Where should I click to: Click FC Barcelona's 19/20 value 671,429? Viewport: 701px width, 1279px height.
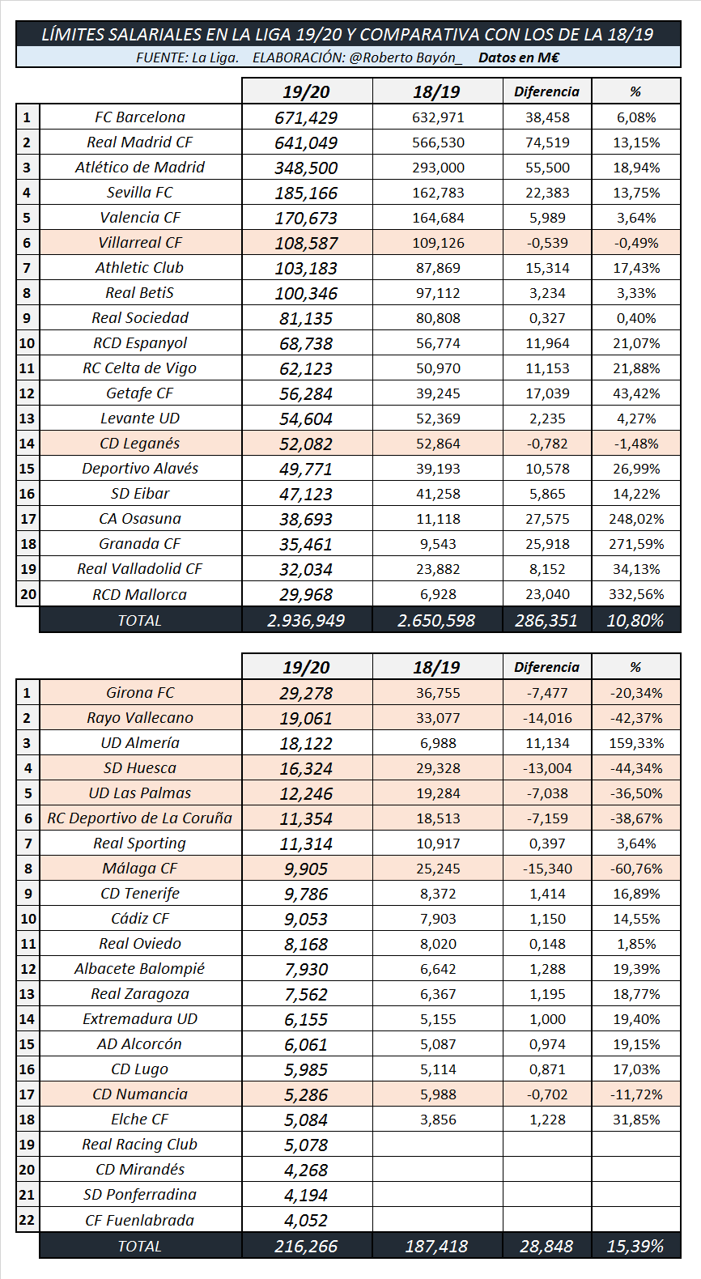tap(306, 118)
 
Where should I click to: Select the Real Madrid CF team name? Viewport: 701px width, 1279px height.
tap(140, 142)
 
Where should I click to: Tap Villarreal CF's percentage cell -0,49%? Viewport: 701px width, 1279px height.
tap(636, 243)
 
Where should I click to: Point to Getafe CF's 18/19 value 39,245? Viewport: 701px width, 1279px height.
tap(438, 393)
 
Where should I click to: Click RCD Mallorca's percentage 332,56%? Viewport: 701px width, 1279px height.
tap(636, 594)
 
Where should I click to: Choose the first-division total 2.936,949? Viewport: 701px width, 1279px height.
tap(306, 621)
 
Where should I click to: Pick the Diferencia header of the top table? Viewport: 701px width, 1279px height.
tap(546, 91)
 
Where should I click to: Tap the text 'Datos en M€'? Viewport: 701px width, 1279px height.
tap(519, 57)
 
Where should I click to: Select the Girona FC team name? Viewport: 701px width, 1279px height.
tap(140, 693)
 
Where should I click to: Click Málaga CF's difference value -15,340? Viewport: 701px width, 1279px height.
tap(547, 869)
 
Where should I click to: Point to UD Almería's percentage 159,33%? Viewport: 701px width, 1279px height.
tap(636, 743)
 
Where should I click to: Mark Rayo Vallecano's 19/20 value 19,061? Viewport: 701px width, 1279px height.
tap(306, 719)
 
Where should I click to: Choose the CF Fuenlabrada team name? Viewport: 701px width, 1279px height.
tap(140, 1220)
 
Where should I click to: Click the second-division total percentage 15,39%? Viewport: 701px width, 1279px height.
tap(635, 1247)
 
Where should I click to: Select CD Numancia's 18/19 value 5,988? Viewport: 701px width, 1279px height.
tap(438, 1094)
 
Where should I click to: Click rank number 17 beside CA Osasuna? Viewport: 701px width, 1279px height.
tap(28, 519)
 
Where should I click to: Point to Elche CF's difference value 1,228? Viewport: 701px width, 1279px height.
tap(547, 1120)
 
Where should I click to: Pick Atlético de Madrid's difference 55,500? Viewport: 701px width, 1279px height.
tap(547, 168)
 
